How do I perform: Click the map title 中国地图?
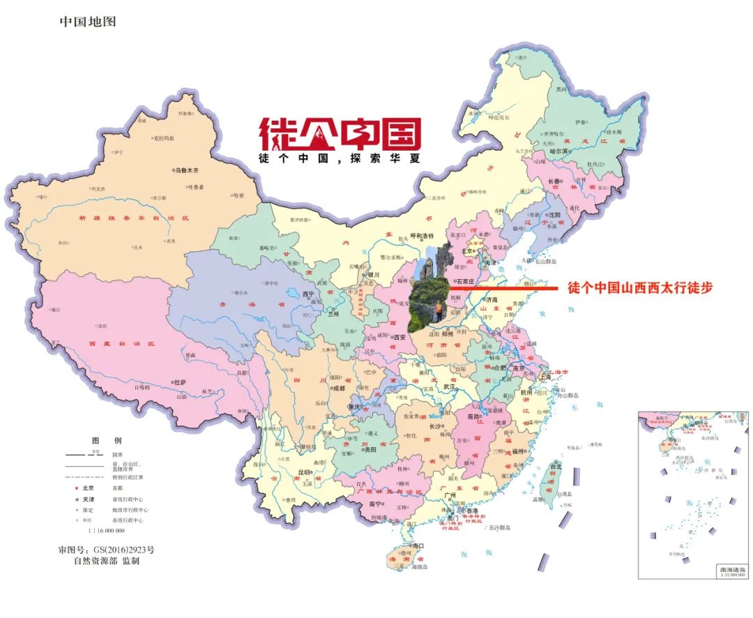tap(88, 22)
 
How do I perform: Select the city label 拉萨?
tap(181, 383)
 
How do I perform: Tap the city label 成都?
tap(338, 389)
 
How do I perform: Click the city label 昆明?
tap(305, 472)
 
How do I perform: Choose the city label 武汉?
tap(448, 386)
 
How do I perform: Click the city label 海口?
tap(418, 545)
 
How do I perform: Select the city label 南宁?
tap(376, 504)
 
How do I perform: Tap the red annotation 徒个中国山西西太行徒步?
tap(640, 288)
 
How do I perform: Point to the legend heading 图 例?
tap(107, 442)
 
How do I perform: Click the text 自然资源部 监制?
tap(107, 561)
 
